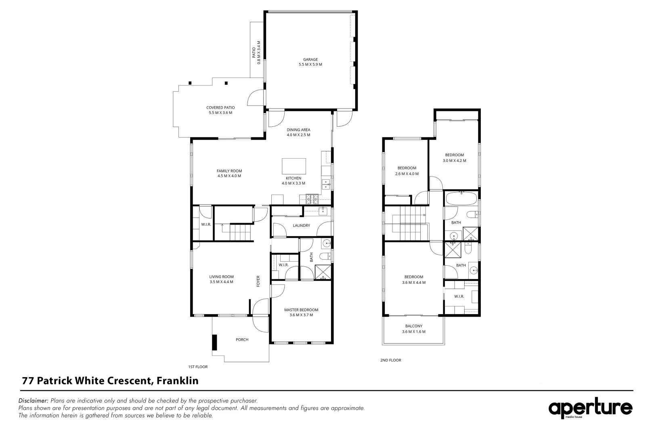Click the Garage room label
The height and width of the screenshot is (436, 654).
(310, 60)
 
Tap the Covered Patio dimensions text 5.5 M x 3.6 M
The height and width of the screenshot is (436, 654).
(220, 113)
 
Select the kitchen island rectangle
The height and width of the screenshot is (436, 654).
(293, 166)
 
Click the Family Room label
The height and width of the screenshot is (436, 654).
(229, 171)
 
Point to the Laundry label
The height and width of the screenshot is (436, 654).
(301, 225)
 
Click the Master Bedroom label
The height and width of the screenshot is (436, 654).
(301, 310)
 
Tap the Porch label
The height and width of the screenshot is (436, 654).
(242, 340)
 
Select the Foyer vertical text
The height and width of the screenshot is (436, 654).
(258, 281)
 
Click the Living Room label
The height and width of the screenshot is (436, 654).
(221, 277)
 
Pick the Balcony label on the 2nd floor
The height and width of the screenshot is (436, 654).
(413, 326)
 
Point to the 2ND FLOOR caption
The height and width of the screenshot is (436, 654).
(390, 360)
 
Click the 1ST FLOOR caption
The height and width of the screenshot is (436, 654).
(198, 367)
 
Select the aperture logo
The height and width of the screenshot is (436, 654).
(590, 409)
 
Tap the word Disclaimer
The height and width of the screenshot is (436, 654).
(34, 401)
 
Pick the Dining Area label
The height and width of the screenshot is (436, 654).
(298, 130)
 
